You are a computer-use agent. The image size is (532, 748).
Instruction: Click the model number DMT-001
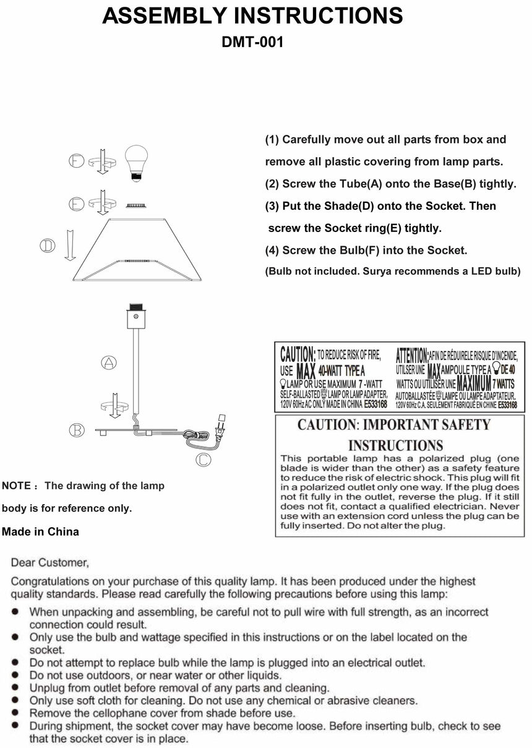[252, 43]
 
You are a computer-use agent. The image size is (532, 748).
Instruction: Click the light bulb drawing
[137, 161]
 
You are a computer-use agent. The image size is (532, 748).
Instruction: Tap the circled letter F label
[77, 161]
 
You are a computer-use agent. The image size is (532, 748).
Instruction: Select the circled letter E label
[77, 204]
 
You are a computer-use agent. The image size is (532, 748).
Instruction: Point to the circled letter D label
[48, 246]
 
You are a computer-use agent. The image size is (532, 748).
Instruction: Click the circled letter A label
[109, 363]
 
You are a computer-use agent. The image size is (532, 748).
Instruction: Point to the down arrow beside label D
[69, 244]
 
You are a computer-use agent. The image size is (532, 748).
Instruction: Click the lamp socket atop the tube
[136, 316]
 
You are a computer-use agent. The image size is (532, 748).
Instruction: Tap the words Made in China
[41, 531]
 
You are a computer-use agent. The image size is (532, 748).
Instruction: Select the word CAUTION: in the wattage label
[298, 355]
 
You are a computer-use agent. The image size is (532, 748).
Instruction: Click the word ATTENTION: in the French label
[411, 355]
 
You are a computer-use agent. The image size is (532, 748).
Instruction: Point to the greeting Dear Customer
[50, 562]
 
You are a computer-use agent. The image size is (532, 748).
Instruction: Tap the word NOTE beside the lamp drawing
[16, 486]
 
